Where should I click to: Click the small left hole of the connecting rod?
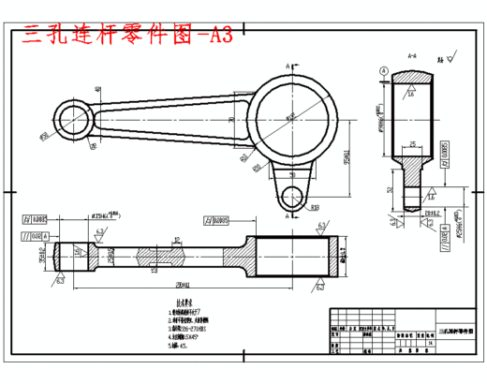[x=73, y=118]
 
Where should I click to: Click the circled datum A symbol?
[x=384, y=71]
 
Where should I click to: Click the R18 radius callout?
[x=315, y=208]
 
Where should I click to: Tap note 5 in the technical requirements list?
[x=178, y=346]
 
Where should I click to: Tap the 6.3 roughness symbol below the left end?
[x=59, y=278]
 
